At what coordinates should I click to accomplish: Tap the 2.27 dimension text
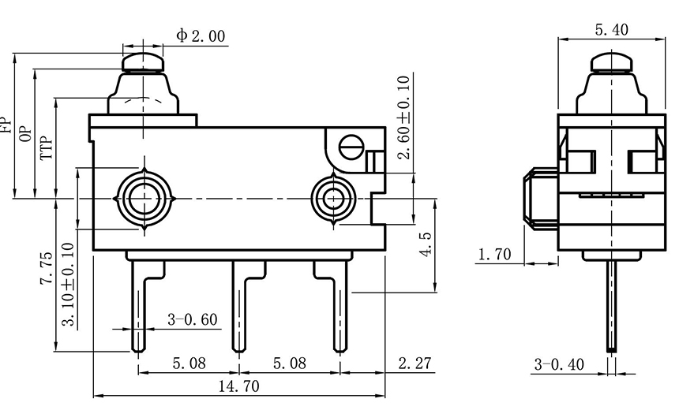(415, 363)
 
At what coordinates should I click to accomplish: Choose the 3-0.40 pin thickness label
(559, 363)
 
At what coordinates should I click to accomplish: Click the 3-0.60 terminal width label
(193, 320)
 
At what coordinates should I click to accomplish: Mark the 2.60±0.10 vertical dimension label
(403, 118)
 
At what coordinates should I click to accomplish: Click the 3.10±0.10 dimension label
(69, 285)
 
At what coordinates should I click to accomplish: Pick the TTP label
(47, 147)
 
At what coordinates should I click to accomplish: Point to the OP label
(25, 134)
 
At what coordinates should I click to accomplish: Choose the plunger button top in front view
(142, 59)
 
